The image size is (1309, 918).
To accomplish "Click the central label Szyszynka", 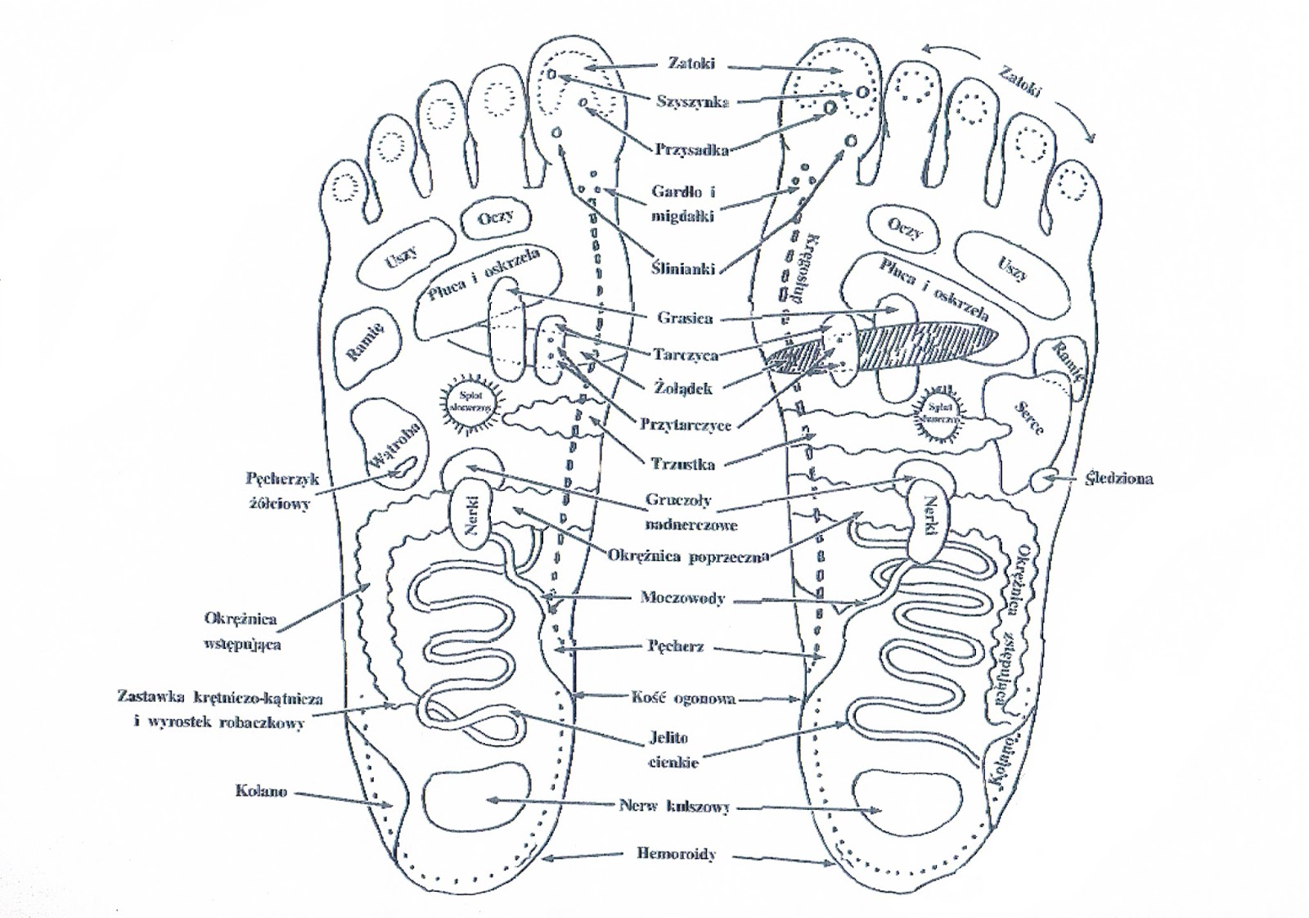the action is point(692,101).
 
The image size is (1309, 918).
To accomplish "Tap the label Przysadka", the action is point(691,150).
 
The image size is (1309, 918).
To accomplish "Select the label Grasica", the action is point(685,317).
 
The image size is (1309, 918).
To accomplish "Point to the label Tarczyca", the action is point(686,354).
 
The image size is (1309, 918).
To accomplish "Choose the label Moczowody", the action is point(682,598).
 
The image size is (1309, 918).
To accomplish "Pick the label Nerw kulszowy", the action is point(674,806).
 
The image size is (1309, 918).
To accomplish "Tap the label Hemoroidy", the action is point(677,854).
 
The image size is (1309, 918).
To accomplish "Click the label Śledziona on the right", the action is point(1118,478).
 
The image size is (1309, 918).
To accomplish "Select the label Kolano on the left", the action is point(260,792).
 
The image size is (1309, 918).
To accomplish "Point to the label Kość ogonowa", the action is point(683,699).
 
